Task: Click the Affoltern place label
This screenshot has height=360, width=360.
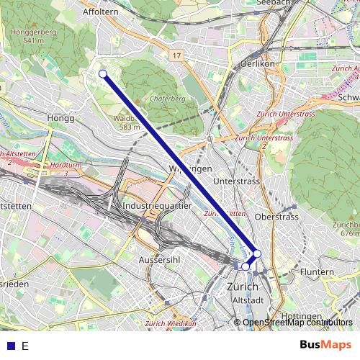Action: point(99,12)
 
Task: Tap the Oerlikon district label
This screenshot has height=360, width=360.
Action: point(255,63)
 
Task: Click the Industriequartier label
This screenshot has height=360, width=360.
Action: point(156,205)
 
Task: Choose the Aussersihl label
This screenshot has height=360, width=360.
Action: point(160,257)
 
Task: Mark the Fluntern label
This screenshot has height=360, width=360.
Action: point(317,272)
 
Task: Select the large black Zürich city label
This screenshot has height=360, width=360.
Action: point(242,287)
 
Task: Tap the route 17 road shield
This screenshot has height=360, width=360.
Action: point(176,55)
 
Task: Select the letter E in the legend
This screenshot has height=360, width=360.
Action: point(25,346)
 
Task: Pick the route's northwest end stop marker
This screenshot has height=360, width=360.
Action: point(103,73)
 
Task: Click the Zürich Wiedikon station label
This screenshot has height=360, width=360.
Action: point(170,324)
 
